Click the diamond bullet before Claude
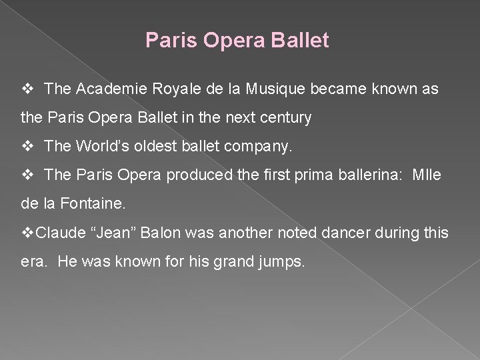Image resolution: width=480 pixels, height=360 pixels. (28, 234)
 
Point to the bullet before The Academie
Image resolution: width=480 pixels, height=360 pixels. (28, 89)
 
